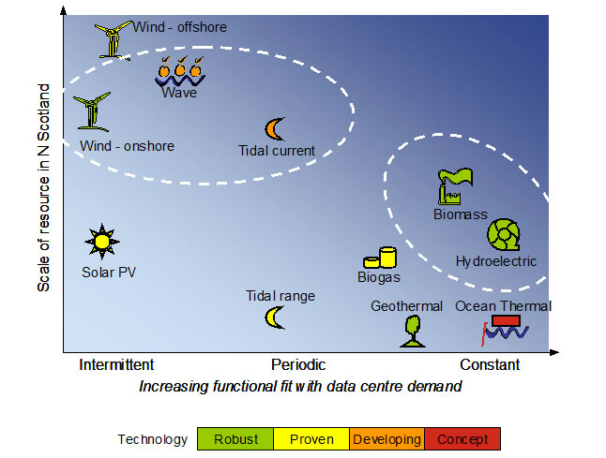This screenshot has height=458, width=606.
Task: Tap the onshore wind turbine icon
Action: (x=93, y=111)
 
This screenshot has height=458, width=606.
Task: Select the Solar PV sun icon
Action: (x=99, y=242)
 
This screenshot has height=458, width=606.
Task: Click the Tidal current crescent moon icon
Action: (x=274, y=128)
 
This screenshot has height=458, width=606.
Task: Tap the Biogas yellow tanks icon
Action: (x=379, y=258)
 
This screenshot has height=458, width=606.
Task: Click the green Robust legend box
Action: (x=235, y=438)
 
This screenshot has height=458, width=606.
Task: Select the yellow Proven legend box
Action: (x=311, y=438)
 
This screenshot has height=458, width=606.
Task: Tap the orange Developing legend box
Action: (x=386, y=438)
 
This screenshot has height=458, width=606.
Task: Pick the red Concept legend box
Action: (x=462, y=438)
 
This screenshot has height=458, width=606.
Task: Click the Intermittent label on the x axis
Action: (x=116, y=365)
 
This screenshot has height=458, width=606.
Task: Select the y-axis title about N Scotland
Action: (x=43, y=187)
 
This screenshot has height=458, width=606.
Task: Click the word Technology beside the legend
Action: (x=150, y=438)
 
